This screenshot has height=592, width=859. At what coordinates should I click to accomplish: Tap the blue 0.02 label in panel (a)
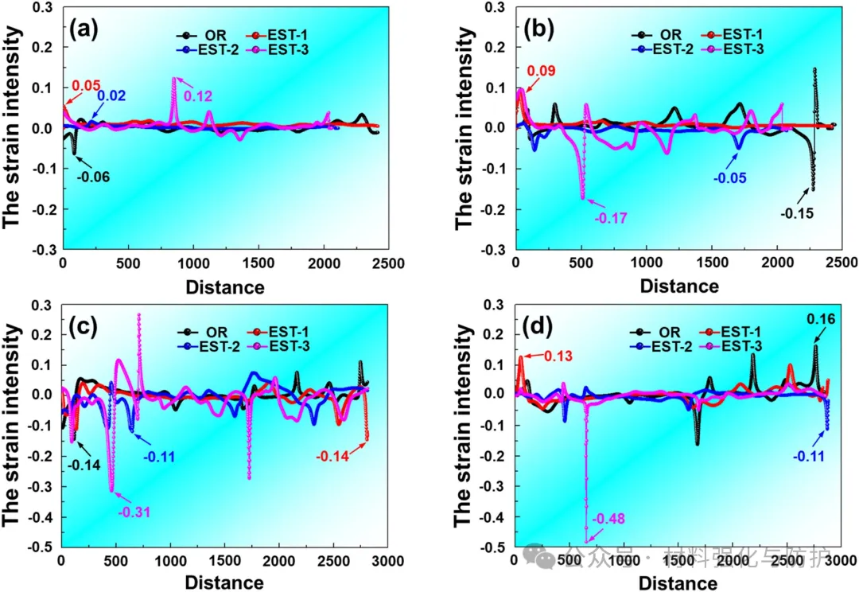[x=111, y=96]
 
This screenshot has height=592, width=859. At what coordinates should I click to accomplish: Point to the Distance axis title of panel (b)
[x=679, y=286]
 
